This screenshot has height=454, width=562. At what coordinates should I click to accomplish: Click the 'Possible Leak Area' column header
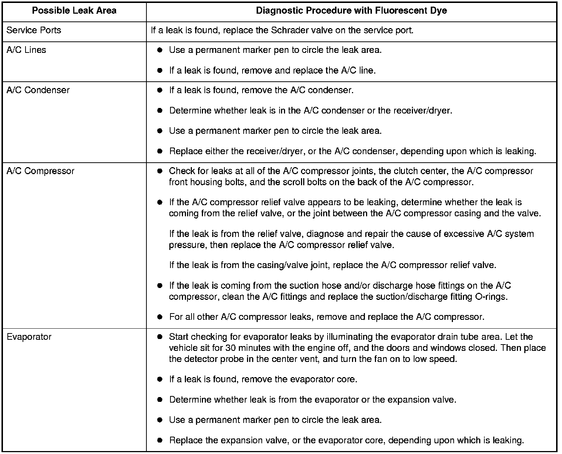[x=74, y=11]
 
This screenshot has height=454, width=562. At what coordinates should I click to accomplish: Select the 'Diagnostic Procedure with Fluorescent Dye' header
[x=351, y=11]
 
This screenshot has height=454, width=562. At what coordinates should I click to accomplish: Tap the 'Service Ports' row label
[x=34, y=30]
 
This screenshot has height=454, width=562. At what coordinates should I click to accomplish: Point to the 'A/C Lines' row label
[x=26, y=50]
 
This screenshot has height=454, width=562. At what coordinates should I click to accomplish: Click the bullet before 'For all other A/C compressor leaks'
[x=160, y=317]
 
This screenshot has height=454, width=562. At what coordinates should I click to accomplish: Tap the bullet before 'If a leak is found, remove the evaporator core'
[x=160, y=380]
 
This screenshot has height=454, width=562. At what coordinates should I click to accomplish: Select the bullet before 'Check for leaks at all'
[x=160, y=172]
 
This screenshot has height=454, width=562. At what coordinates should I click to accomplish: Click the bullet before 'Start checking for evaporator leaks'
[x=160, y=337]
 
